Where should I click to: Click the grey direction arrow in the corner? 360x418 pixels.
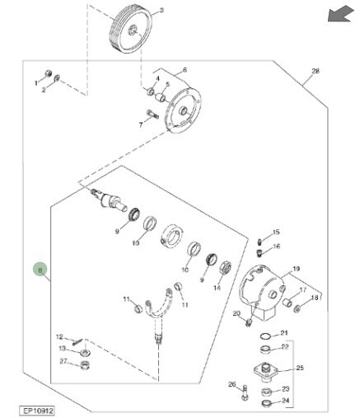pyautogui.click(x=340, y=14)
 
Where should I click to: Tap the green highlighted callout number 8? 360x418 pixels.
pyautogui.click(x=40, y=270)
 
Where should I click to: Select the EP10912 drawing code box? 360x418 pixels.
pyautogui.click(x=37, y=411)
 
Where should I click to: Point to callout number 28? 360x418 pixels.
pyautogui.click(x=316, y=71)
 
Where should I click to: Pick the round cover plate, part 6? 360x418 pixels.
pyautogui.click(x=183, y=110)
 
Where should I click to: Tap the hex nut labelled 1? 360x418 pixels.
pyautogui.click(x=48, y=73)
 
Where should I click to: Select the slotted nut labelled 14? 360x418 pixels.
pyautogui.click(x=225, y=268)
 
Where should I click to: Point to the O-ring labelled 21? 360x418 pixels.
pyautogui.click(x=265, y=336)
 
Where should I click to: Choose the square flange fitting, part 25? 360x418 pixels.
pyautogui.click(x=265, y=371)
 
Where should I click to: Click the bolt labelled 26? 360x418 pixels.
pyautogui.click(x=245, y=392)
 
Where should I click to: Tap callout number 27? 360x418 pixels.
pyautogui.click(x=63, y=361)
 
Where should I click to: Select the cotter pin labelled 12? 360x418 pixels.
pyautogui.click(x=77, y=342)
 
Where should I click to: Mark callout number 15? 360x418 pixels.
pyautogui.click(x=276, y=232)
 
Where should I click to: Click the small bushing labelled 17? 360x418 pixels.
pyautogui.click(x=288, y=303)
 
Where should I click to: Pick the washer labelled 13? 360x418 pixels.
pyautogui.click(x=86, y=352)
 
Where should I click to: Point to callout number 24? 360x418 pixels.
pyautogui.click(x=286, y=401)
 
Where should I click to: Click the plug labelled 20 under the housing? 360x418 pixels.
pyautogui.click(x=249, y=322)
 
